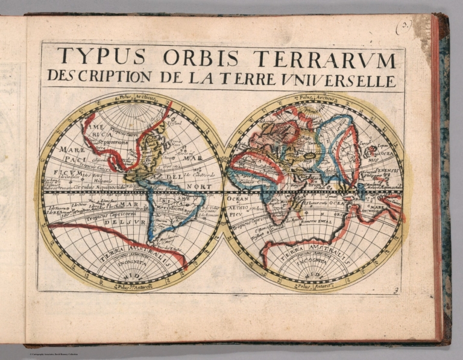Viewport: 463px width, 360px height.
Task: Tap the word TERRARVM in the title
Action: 324,59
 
